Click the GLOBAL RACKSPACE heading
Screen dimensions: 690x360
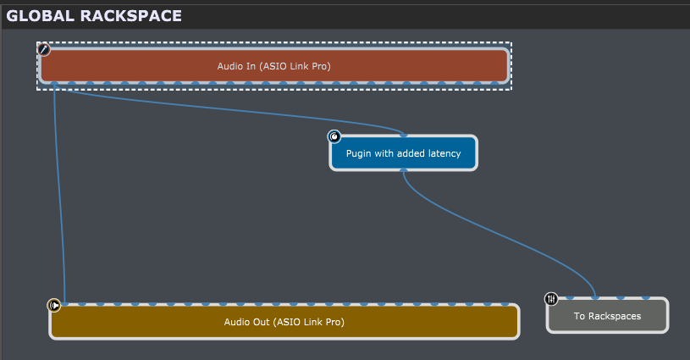coord(94,16)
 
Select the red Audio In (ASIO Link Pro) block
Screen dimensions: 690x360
coord(273,65)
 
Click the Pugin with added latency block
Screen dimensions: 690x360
coord(404,153)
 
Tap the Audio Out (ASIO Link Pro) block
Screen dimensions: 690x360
coord(284,322)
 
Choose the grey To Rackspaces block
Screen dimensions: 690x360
coord(607,316)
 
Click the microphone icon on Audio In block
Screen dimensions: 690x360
coord(43,49)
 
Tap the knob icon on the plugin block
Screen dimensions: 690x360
coord(334,136)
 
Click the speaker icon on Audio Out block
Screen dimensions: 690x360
coord(54,305)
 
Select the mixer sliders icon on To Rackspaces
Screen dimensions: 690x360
coord(551,299)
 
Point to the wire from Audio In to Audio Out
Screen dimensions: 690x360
coord(58,194)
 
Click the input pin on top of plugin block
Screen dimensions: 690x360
coord(404,136)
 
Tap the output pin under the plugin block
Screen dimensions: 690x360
coord(404,170)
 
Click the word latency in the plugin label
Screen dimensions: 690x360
coord(444,153)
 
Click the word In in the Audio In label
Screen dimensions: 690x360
coord(251,66)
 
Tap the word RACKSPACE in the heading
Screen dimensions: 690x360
coord(130,16)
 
